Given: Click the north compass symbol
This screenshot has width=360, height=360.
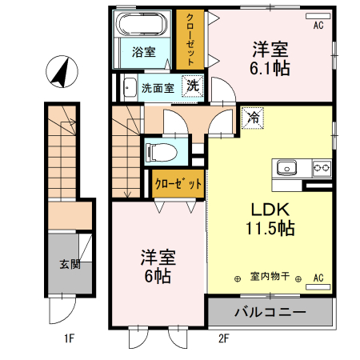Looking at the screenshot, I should coord(59,72).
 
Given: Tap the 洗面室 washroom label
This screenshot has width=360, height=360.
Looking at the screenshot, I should coord(158,88).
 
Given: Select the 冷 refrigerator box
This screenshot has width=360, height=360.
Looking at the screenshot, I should coord(253,118).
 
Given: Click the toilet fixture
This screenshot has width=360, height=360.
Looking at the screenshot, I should coord(164,150).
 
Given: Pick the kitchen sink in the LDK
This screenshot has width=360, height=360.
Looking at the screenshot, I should coord(287,168).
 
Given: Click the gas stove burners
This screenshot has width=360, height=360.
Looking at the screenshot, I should coord(322,168).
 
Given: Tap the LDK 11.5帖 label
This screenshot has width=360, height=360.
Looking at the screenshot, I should coord(270,218).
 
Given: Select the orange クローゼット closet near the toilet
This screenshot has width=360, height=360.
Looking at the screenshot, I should coord(178,183).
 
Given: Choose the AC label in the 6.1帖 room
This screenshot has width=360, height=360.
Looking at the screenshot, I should coord(318,26).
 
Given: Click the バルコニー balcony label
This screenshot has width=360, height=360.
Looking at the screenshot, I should coord(269,311).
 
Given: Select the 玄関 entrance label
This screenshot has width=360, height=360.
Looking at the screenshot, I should coord(69,263).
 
